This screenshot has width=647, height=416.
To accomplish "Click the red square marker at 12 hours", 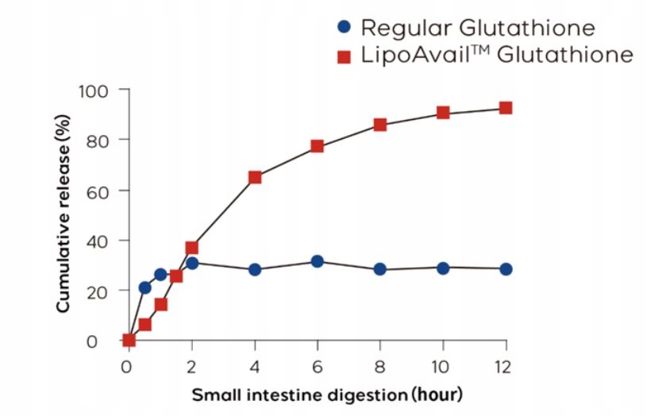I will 506,108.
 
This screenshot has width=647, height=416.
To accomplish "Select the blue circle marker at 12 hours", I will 506,269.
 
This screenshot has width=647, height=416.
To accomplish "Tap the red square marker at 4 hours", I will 255,177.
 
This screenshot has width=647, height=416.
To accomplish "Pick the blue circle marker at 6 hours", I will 318,261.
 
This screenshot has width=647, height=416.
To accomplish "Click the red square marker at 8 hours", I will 380,125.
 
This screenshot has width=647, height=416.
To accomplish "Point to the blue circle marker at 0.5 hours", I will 144,287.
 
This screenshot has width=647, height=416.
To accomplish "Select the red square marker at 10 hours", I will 443,113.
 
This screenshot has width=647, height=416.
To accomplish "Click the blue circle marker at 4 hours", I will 255,270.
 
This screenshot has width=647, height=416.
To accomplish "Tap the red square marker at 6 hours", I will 318,146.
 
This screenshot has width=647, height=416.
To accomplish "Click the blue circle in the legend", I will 343,28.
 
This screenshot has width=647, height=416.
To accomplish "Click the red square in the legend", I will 343,56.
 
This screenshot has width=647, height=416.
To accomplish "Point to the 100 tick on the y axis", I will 98,91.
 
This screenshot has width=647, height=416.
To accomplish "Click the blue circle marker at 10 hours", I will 443,268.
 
